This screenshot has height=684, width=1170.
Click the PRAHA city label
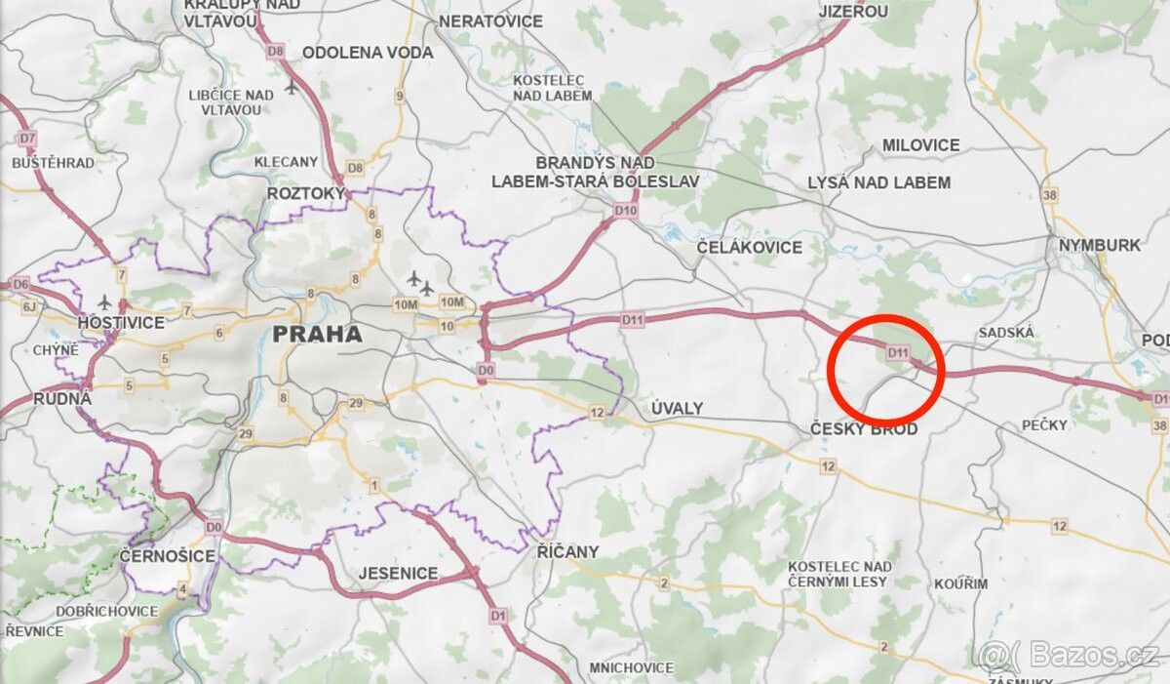click(x=317, y=335)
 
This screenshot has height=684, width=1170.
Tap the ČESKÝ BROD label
click(x=864, y=428)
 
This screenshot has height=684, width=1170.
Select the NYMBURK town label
click(x=1100, y=245)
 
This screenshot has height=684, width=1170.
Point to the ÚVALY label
click(x=677, y=408)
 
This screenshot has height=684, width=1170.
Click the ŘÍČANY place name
click(x=567, y=551)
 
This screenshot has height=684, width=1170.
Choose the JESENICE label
click(x=398, y=573)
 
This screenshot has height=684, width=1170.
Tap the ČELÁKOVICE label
click(x=750, y=248)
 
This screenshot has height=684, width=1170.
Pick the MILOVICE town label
click(x=920, y=145)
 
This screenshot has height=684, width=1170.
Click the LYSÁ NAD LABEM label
click(x=878, y=182)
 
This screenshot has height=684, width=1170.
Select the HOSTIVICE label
click(x=122, y=322)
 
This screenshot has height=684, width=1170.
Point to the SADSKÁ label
click(x=1005, y=333)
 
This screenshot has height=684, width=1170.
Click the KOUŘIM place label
click(x=959, y=583)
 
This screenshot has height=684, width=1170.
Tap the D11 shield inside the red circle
click(x=898, y=352)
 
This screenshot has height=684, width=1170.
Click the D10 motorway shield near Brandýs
click(x=625, y=210)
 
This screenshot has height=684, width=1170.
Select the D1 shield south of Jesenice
click(x=498, y=616)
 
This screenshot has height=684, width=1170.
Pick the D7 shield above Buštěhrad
click(x=26, y=139)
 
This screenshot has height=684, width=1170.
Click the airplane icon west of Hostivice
click(x=105, y=302)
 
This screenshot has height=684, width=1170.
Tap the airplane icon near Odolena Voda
click(x=292, y=87)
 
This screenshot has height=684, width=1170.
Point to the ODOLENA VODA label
click(x=368, y=53)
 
